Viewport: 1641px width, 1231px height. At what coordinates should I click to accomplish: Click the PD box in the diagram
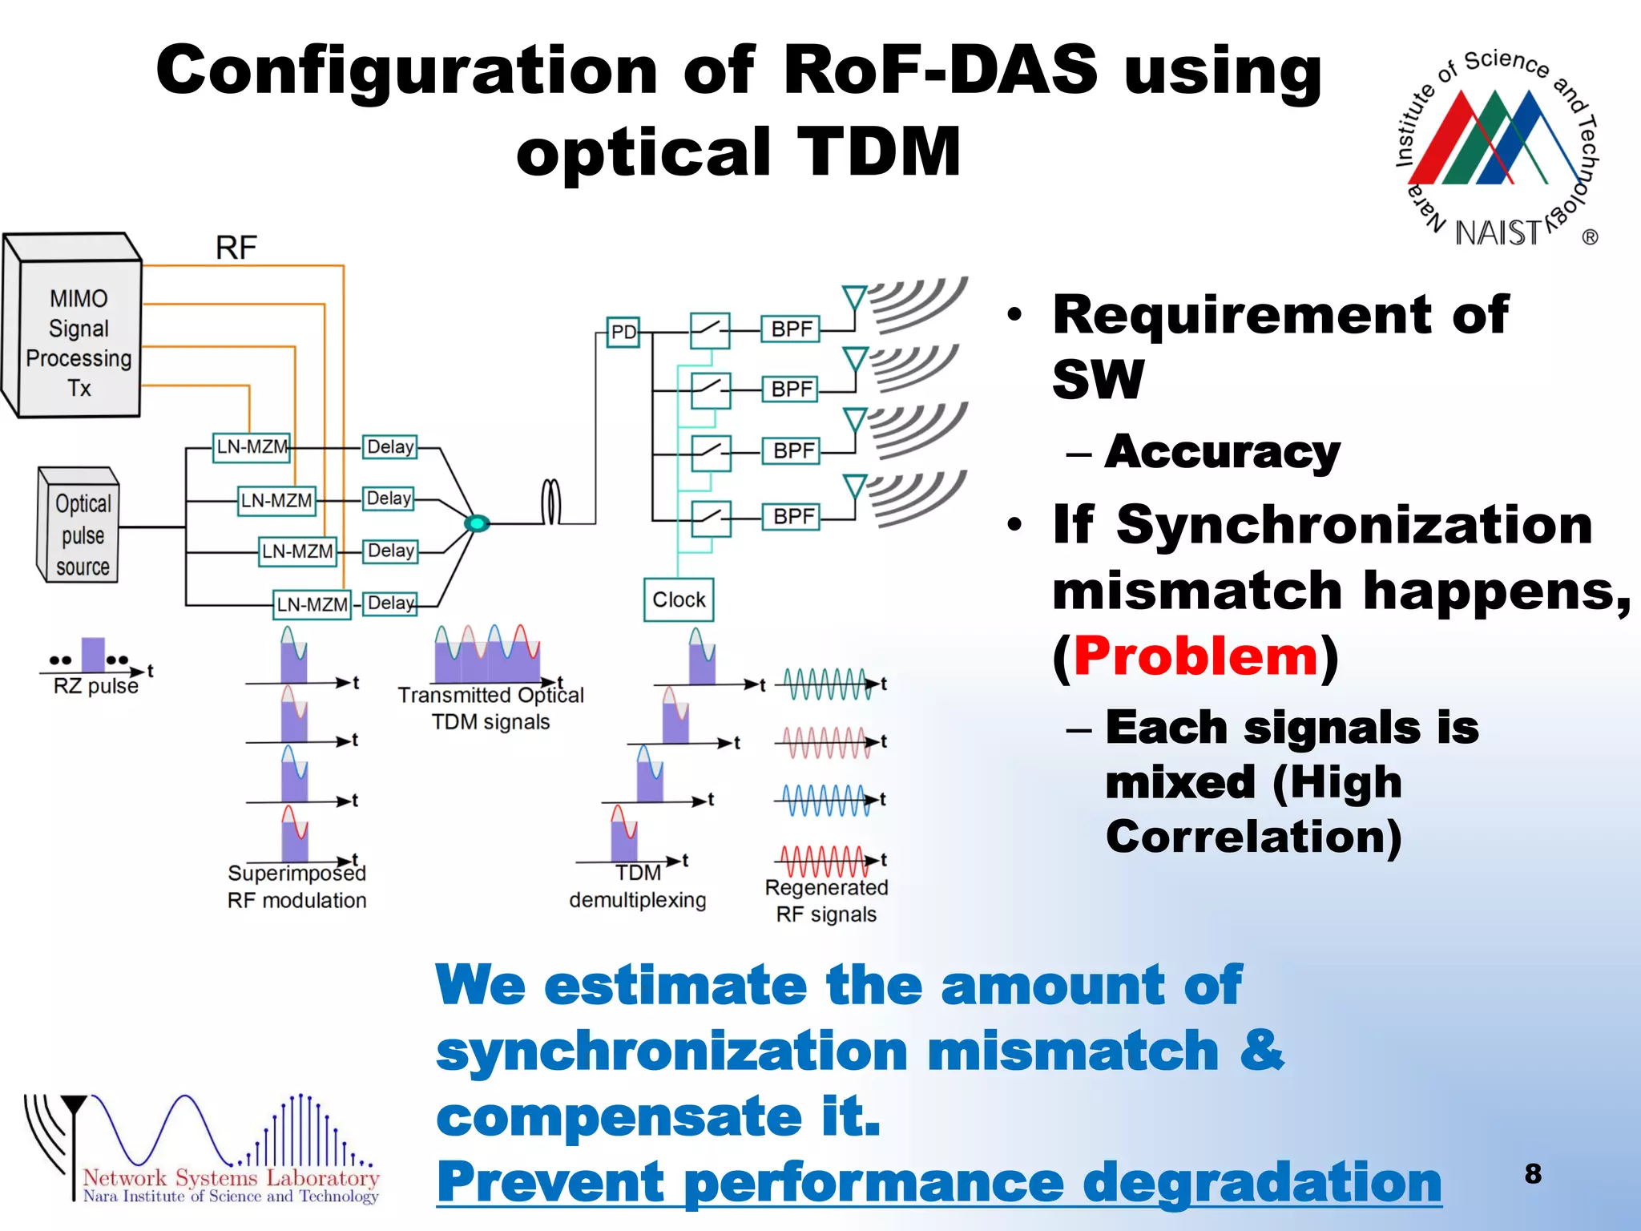click(x=623, y=332)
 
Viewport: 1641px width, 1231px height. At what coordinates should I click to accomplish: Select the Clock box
click(x=679, y=599)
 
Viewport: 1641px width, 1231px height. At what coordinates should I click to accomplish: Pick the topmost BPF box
click(x=791, y=329)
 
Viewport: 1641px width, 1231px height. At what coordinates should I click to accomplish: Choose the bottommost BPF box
click(x=792, y=516)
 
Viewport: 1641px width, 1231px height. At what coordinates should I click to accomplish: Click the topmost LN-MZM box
click(x=252, y=446)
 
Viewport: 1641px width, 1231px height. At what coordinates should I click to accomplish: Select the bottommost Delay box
click(x=390, y=603)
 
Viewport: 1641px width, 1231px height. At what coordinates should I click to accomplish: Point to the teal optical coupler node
click(x=477, y=523)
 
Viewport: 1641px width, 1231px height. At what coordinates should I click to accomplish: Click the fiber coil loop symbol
click(x=550, y=502)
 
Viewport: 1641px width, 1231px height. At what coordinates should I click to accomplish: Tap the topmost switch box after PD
click(x=710, y=330)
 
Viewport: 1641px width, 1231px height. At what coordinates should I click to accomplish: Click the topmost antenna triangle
click(x=854, y=297)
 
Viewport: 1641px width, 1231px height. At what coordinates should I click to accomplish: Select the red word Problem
click(x=1195, y=656)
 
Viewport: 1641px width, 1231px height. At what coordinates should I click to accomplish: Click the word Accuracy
click(x=1221, y=453)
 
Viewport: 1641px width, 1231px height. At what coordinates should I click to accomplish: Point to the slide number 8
click(x=1532, y=1173)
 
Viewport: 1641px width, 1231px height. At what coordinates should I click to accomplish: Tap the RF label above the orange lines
click(x=236, y=248)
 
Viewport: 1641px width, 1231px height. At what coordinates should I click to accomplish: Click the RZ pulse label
click(x=95, y=686)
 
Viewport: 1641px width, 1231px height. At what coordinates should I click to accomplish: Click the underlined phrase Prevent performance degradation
click(x=938, y=1182)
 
